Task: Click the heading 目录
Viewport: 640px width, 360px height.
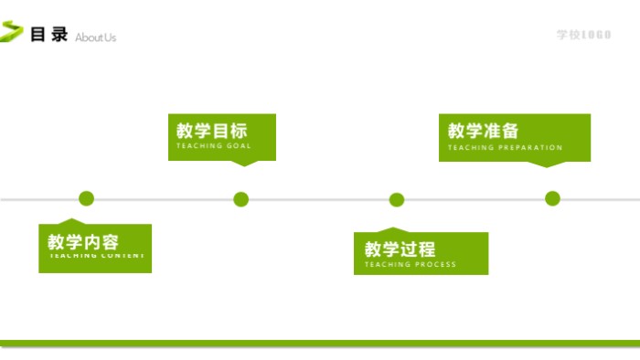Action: pos(49,35)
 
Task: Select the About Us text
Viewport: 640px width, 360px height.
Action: pos(96,37)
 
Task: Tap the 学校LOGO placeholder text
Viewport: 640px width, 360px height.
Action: pos(583,35)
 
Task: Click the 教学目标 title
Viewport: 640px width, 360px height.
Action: pos(212,131)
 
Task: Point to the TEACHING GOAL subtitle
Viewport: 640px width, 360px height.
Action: pos(213,146)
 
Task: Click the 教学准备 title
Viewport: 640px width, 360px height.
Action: pos(484,131)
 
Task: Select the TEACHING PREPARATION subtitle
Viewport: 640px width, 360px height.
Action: pos(505,147)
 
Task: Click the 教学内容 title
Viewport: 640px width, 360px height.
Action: pos(83,242)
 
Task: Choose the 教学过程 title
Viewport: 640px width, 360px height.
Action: pos(400,249)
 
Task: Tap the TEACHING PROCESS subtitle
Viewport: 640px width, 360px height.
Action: pos(410,265)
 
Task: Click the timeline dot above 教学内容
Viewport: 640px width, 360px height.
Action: pos(87,198)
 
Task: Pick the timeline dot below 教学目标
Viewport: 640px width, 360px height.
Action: pos(241,199)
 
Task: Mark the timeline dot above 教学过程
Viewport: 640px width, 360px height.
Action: pos(397,199)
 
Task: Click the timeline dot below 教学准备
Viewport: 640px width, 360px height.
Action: pos(552,198)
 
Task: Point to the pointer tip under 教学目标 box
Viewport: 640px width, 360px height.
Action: pos(242,164)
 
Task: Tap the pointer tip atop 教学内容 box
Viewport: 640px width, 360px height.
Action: pos(71,220)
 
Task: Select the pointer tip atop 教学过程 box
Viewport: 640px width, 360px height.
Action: pos(392,228)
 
